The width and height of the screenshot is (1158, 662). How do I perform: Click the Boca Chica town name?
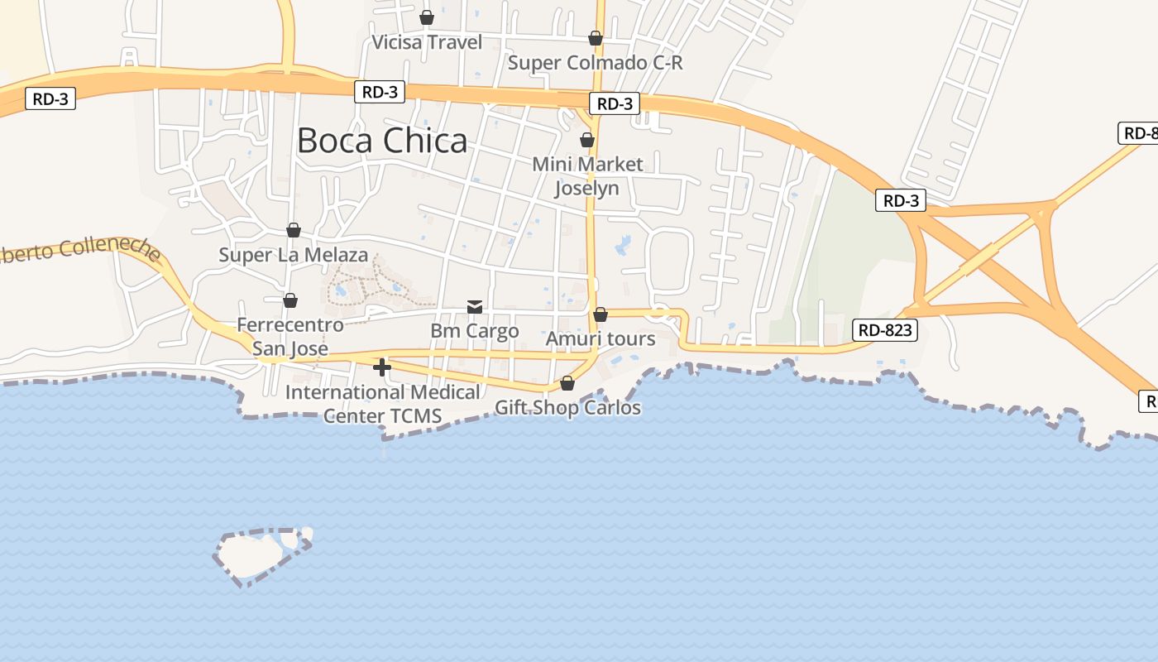coord(381,141)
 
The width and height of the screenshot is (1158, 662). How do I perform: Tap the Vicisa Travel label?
coord(427,42)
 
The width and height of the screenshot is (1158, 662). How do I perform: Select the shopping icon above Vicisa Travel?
coord(427,17)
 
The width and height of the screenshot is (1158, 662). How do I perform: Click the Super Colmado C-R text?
coord(595,63)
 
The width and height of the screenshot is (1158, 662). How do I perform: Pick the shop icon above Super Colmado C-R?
coord(596,38)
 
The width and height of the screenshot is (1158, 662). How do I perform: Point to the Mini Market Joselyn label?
coord(587,176)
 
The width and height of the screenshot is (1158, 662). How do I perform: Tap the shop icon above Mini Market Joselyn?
coord(587,140)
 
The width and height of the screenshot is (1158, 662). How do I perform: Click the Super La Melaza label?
coord(293,255)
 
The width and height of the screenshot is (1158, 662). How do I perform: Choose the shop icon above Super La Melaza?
coord(294,230)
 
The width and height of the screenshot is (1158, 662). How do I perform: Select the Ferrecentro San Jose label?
coord(289,337)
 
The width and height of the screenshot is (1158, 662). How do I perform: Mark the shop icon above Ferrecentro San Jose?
coord(289,300)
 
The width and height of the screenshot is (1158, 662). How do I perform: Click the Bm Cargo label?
coord(475,331)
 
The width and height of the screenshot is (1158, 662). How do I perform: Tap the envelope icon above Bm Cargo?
coord(475,307)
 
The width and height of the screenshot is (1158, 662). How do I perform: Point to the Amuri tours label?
coord(601,338)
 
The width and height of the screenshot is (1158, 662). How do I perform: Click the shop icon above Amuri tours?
coord(601,314)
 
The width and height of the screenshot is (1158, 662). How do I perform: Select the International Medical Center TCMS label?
coord(382,404)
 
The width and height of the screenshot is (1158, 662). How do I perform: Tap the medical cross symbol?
coord(382,367)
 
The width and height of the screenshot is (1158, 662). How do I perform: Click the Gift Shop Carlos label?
coord(567,408)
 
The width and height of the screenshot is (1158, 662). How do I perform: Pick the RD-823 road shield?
coord(884,330)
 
